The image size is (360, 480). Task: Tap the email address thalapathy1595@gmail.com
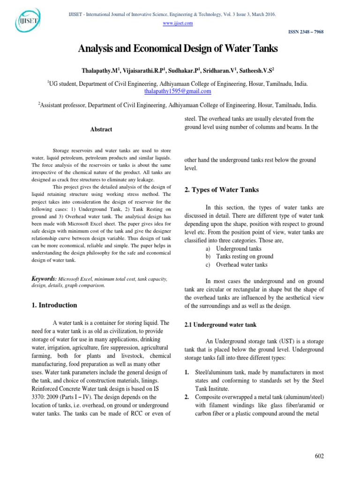[180, 91]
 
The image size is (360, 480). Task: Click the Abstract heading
[101, 129]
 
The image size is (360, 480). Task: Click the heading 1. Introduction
[54, 305]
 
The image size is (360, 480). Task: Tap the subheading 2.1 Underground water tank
[218, 324]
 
